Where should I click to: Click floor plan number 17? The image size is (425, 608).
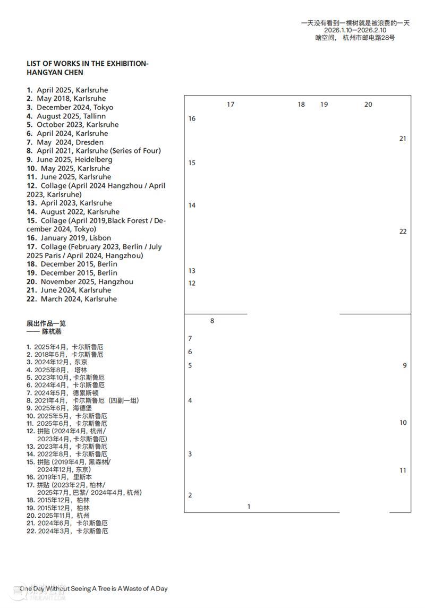pyautogui.click(x=231, y=105)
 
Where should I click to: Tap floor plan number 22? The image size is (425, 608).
pyautogui.click(x=403, y=232)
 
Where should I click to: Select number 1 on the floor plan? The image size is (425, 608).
pyautogui.click(x=249, y=507)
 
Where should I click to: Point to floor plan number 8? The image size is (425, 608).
pyautogui.click(x=212, y=321)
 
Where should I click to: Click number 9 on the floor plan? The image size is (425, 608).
pyautogui.click(x=405, y=365)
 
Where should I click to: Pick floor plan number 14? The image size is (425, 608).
pyautogui.click(x=192, y=205)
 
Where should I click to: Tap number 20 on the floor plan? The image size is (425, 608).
pyautogui.click(x=368, y=105)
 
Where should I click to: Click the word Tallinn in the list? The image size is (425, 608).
pyautogui.click(x=94, y=116)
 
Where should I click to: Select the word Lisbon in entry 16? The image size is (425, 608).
pyautogui.click(x=99, y=238)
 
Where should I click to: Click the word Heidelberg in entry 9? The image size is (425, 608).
pyautogui.click(x=93, y=159)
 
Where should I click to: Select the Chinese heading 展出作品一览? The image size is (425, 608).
pyautogui.click(x=46, y=323)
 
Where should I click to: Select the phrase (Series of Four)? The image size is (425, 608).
pyautogui.click(x=135, y=151)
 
